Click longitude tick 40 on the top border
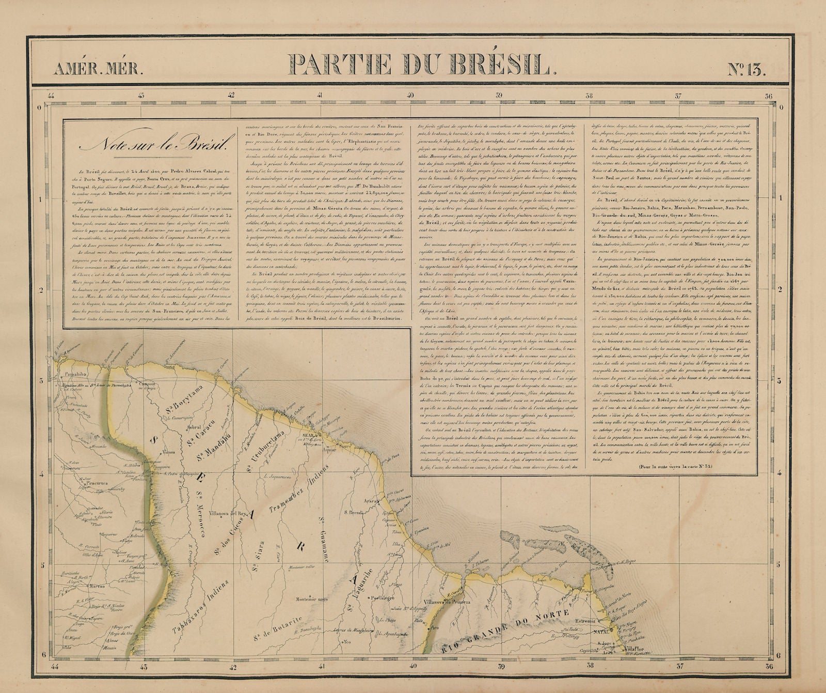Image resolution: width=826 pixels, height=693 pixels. point(410,95)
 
